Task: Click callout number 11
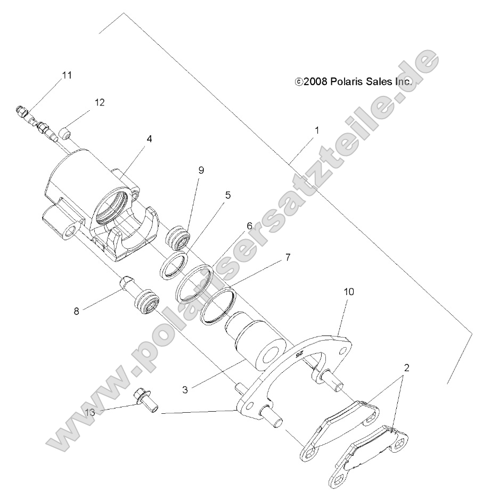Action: pyautogui.click(x=67, y=75)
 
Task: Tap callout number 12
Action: pyautogui.click(x=100, y=102)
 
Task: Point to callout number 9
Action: pyautogui.click(x=201, y=170)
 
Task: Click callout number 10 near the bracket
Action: pyautogui.click(x=349, y=292)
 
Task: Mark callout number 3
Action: pyautogui.click(x=185, y=389)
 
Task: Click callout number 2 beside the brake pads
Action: pyautogui.click(x=406, y=367)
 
